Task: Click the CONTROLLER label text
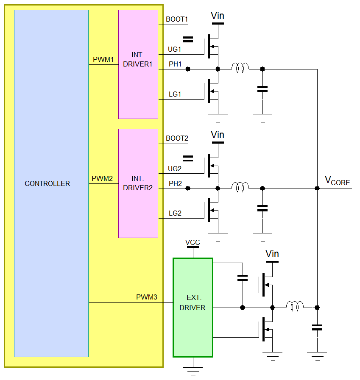pos(47,183)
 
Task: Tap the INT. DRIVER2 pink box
pos(138,183)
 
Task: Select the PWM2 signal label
pos(103,179)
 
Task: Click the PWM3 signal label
pos(147,297)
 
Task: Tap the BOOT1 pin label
pos(177,19)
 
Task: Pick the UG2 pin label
pos(175,169)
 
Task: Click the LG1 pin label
pos(175,94)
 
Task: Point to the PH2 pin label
pos(175,183)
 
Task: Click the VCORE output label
pos(337,181)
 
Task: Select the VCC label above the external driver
pos(193,243)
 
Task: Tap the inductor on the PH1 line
pos(240,67)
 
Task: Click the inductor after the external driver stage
pos(295,305)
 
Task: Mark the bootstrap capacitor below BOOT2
pos(187,158)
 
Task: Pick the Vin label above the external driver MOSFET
pos(272,254)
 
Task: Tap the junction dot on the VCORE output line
pos(317,188)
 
